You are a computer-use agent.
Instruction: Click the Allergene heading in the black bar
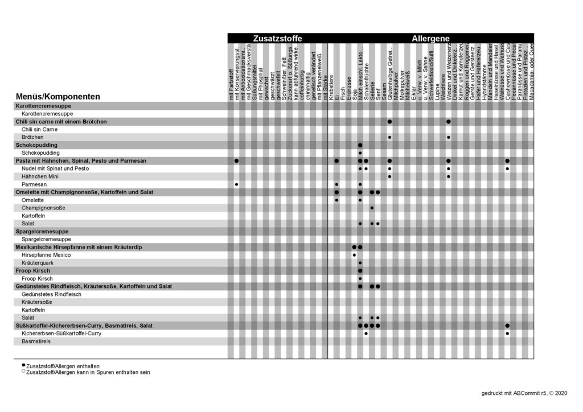point(431,39)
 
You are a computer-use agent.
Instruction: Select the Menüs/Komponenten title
point(58,97)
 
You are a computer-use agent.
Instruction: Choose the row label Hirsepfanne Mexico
point(46,255)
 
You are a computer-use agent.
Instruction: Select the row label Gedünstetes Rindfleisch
point(51,294)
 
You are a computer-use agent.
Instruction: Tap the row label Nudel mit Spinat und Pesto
point(55,169)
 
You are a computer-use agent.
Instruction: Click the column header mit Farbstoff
point(231,85)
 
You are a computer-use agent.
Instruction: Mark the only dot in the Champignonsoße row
point(372,208)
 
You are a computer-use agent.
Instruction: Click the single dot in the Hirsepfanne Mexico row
point(354,255)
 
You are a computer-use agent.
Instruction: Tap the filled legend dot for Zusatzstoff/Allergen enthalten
point(23,366)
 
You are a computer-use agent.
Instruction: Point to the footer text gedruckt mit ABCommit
point(523,393)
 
